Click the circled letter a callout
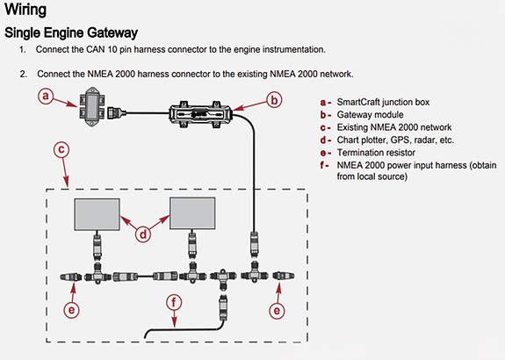(46, 96)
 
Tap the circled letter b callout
(274, 100)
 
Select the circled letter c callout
(61, 150)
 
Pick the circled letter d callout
(142, 234)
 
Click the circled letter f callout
(174, 303)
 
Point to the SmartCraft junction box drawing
(92, 106)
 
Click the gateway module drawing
(200, 114)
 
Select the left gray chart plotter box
(97, 214)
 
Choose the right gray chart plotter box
(192, 213)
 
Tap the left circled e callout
(71, 310)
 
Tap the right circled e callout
(277, 311)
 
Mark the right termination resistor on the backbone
(284, 276)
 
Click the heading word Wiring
(25, 10)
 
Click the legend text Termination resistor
(376, 153)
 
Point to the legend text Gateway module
(370, 115)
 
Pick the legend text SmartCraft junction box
(383, 102)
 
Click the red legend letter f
(322, 165)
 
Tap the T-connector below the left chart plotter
(97, 273)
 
